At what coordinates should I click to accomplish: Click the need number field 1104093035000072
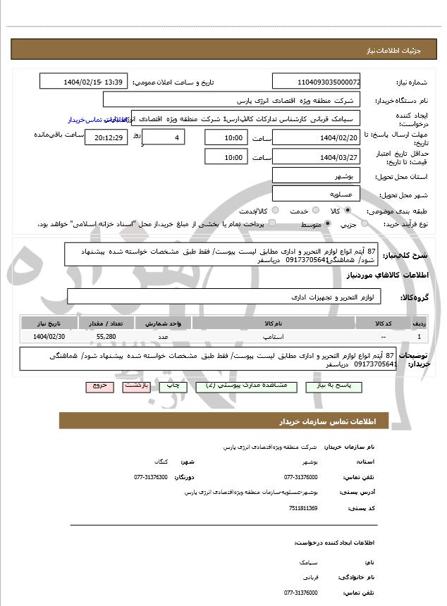coord(317,82)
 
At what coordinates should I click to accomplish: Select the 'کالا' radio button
coord(348,211)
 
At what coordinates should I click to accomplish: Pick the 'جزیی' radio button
coord(365,224)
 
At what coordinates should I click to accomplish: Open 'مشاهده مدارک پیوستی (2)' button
coord(233,387)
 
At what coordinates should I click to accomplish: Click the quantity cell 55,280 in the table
coord(111,338)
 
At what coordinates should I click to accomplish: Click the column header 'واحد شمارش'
coord(168,323)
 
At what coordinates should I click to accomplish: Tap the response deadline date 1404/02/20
coord(317,137)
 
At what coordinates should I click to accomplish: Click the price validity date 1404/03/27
coord(317,157)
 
